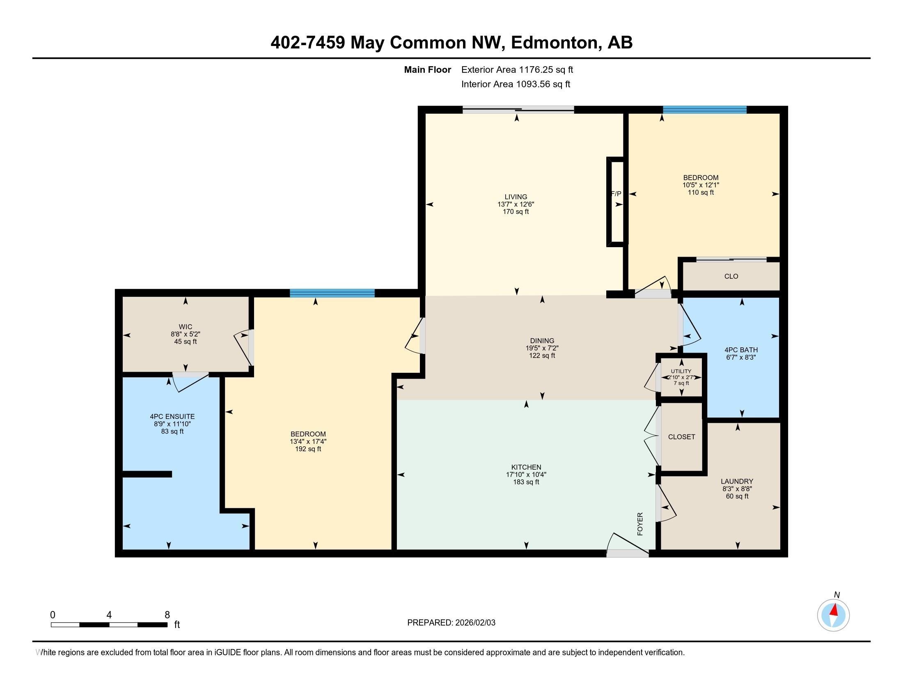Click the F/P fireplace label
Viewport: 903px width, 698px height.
pos(616,193)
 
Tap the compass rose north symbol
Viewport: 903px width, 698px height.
pos(833,615)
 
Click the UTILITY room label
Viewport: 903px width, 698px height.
pos(681,371)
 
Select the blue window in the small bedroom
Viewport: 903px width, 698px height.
pos(704,110)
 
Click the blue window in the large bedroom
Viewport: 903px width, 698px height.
pos(332,293)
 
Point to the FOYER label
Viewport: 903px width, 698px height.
pos(640,524)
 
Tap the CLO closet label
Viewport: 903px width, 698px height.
pos(731,276)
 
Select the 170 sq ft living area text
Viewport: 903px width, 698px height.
pos(516,212)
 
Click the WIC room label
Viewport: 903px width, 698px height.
pos(186,327)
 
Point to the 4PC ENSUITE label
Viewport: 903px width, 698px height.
pos(172,416)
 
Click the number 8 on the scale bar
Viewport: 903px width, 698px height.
pos(167,615)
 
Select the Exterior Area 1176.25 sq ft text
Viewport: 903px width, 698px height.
pos(517,69)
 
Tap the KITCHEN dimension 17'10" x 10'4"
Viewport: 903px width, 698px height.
pos(526,475)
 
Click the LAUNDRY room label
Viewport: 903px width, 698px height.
pos(737,481)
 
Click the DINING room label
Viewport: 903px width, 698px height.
pos(542,341)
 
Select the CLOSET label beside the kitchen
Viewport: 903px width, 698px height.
pos(681,437)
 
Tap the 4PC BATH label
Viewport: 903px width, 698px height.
pos(741,350)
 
